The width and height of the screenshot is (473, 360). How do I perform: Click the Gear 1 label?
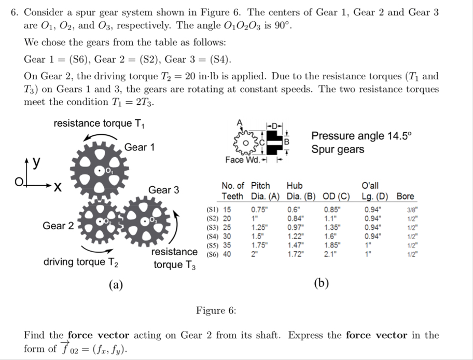[139, 147]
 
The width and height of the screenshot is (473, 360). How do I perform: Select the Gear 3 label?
[164, 190]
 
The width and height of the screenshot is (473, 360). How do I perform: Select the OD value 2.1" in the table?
[329, 254]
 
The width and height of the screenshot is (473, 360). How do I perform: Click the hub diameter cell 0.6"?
[293, 210]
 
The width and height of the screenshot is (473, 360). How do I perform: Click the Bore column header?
[405, 196]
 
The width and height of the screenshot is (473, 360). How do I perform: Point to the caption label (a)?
[115, 284]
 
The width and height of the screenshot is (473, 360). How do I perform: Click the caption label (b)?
[322, 283]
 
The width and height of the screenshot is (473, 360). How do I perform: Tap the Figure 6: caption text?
[216, 310]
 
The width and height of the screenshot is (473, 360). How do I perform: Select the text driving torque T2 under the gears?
[81, 261]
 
